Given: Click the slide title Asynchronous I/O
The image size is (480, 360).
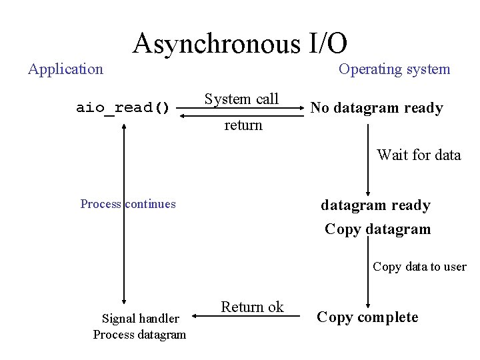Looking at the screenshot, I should [240, 44].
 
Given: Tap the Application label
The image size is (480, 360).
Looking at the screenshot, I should [65, 69].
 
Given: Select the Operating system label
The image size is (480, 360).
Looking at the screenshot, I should [394, 69].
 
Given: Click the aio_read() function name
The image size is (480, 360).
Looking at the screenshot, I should [123, 108].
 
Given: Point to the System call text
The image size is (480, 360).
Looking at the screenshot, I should [241, 99].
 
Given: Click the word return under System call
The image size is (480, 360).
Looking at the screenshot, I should [243, 125].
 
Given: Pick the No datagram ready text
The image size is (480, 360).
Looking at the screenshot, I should [377, 108].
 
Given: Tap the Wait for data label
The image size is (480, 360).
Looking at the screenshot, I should [419, 155].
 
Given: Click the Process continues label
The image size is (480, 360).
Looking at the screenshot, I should [128, 204].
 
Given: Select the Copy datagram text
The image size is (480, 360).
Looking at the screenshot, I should [377, 229].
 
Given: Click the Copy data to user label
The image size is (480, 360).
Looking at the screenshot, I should [419, 267].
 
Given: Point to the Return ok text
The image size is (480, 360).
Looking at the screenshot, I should [252, 307].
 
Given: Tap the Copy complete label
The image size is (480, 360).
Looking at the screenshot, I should [367, 317].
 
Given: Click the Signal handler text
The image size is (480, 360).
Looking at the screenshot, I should [140, 319].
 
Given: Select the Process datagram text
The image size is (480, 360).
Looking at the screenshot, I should [139, 334].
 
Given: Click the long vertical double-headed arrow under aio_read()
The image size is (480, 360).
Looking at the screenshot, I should [124, 213].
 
